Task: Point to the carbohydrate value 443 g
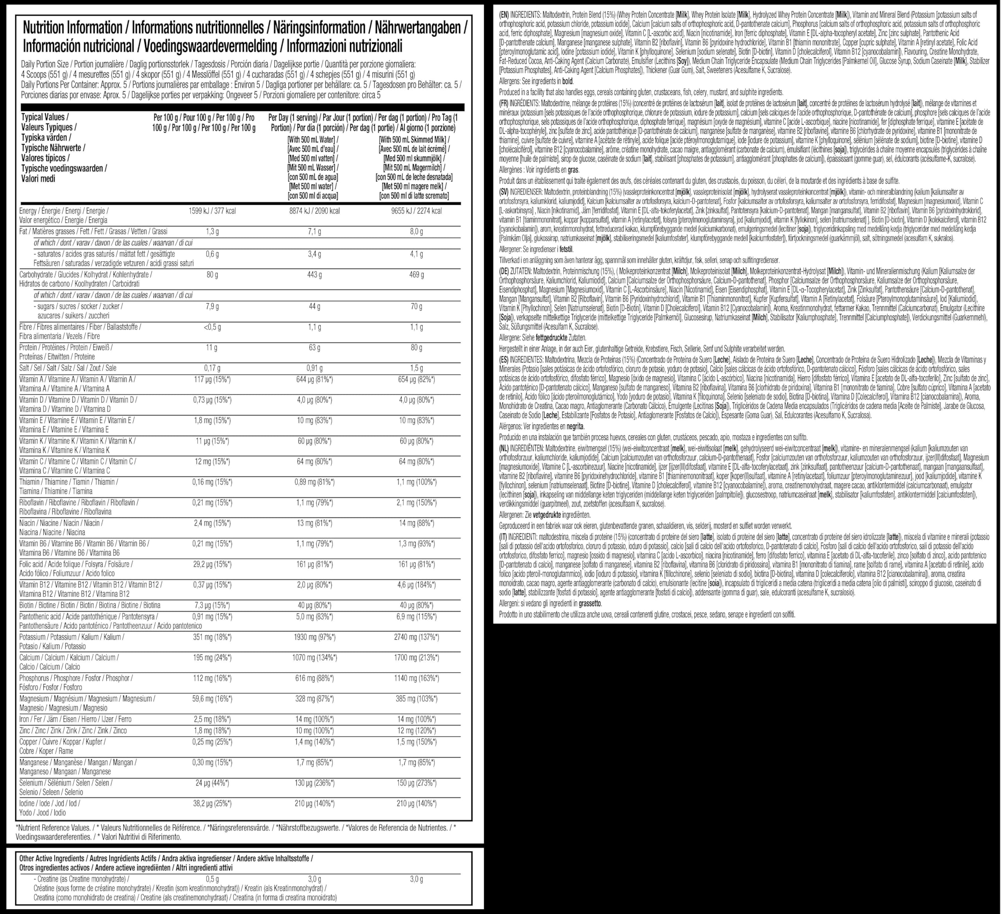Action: click(314, 274)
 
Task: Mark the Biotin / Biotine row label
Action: click(90, 605)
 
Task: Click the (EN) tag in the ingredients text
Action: click(505, 14)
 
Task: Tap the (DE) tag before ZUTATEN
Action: click(505, 272)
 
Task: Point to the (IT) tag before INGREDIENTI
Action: click(504, 537)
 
